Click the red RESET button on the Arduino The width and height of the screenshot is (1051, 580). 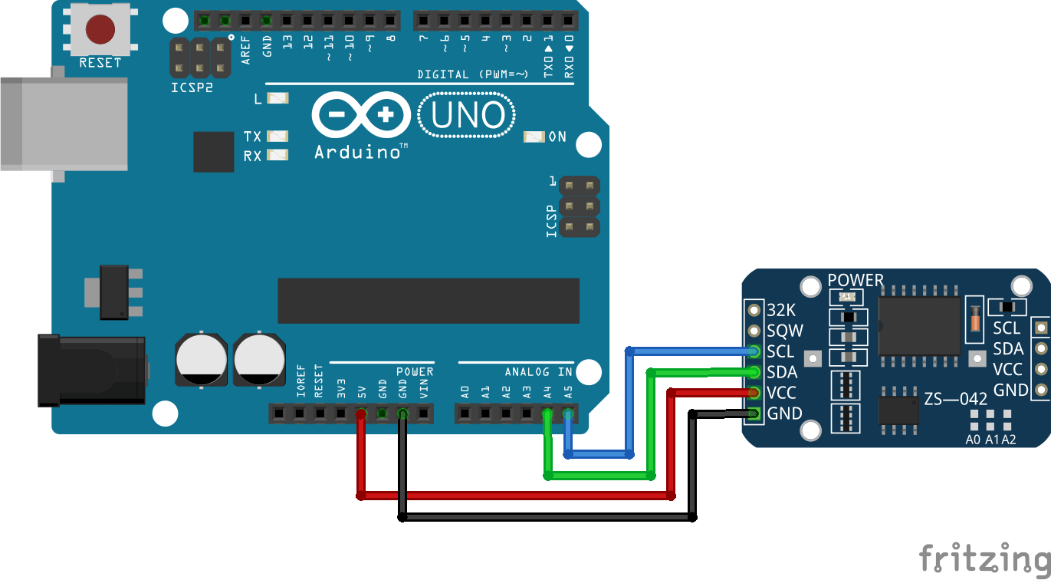pos(100,30)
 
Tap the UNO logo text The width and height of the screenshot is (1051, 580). pos(468,116)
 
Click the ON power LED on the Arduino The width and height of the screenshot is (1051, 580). pos(534,137)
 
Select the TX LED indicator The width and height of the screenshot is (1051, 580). pos(278,137)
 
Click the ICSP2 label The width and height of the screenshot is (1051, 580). pos(192,87)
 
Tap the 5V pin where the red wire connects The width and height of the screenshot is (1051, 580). pos(361,414)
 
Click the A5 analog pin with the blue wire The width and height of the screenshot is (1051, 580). pos(568,414)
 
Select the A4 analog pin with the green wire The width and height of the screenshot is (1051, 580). pos(547,414)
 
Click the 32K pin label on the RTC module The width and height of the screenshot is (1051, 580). pos(782,311)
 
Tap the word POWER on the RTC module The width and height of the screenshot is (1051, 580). pos(856,281)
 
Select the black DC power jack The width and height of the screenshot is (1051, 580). pos(90,371)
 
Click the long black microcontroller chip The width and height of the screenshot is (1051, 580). pos(429,301)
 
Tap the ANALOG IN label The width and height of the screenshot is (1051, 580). pos(538,372)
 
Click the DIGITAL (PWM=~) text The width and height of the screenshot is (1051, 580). pos(472,74)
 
